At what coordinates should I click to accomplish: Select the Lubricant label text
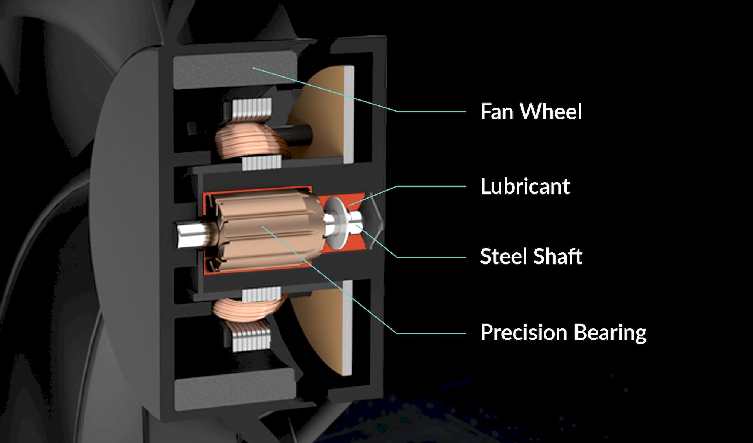click(525, 186)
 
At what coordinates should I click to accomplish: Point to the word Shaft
click(558, 257)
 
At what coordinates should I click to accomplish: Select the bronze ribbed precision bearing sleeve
click(266, 231)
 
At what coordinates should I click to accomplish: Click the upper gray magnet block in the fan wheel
click(235, 71)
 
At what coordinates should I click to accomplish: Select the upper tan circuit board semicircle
click(320, 113)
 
